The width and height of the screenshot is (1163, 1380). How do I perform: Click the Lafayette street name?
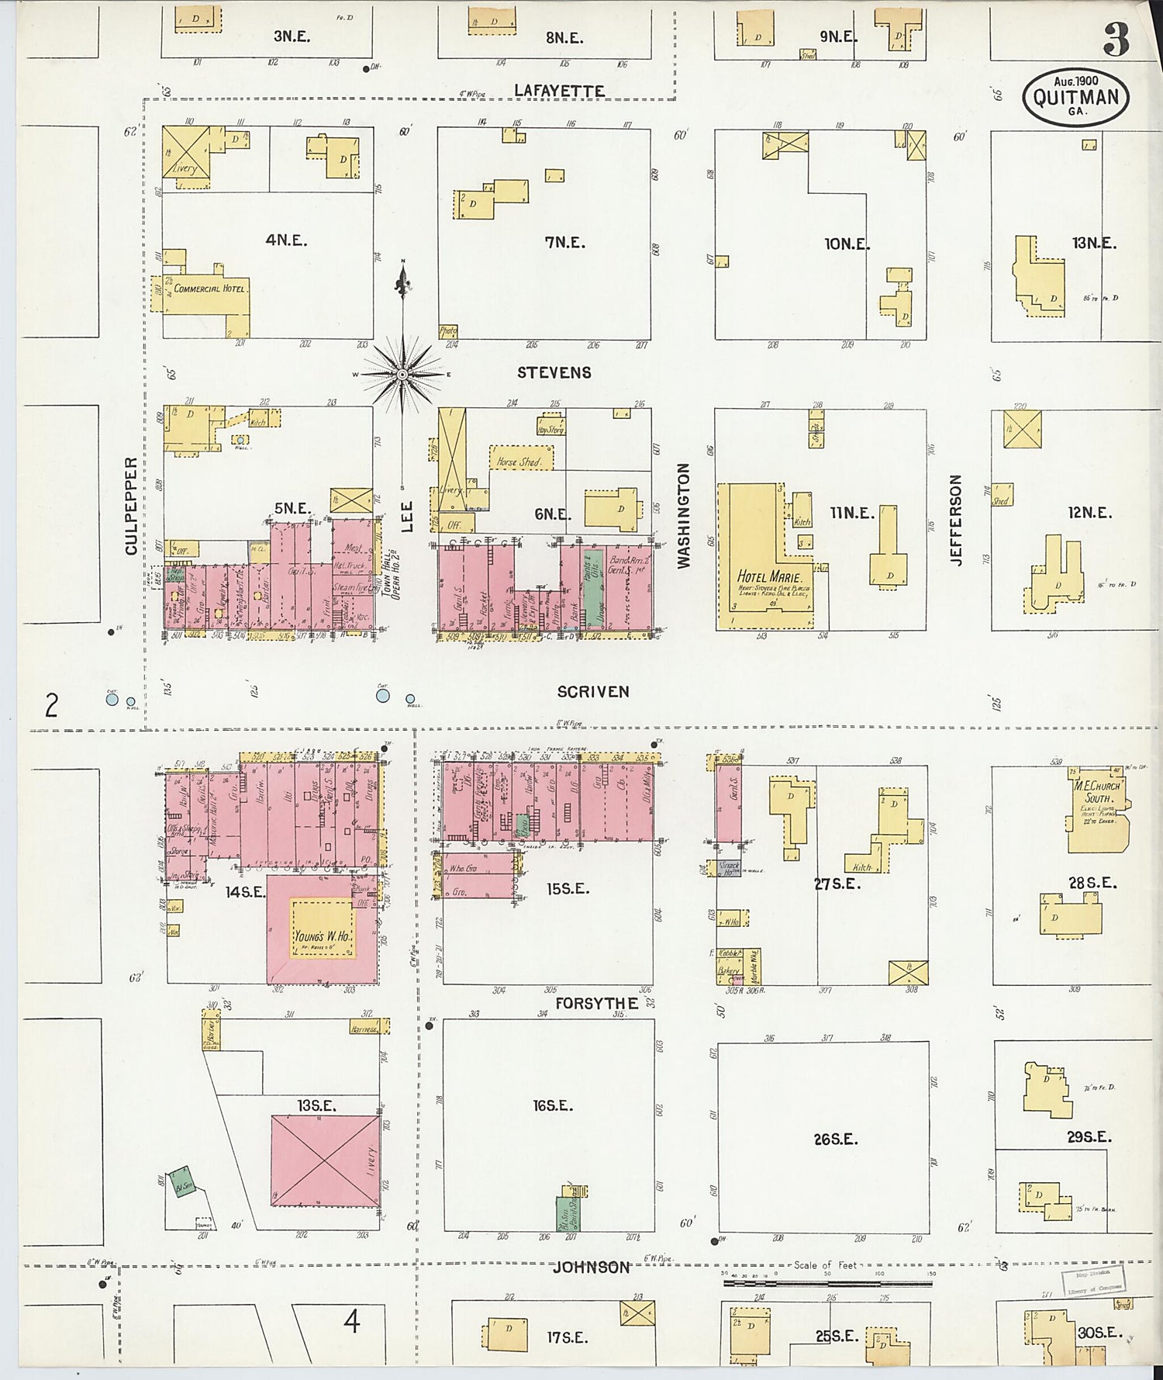(x=559, y=92)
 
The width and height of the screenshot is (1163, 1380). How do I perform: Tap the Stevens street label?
(x=554, y=373)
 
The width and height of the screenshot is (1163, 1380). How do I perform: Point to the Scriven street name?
(x=593, y=692)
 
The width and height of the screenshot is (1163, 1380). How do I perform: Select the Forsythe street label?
(x=596, y=1004)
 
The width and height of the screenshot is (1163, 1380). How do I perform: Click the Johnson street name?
(x=591, y=1268)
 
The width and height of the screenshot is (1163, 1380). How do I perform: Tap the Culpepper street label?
(x=131, y=506)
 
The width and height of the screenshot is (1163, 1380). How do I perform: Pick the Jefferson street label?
(x=955, y=520)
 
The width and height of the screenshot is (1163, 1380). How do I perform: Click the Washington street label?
(x=683, y=516)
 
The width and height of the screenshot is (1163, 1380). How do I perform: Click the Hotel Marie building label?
(x=770, y=576)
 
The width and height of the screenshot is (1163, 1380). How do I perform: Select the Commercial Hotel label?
(x=209, y=289)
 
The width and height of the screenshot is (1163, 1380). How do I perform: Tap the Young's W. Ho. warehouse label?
(x=323, y=936)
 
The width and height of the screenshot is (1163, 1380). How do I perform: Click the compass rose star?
(x=402, y=375)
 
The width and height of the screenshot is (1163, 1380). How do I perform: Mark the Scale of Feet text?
(x=825, y=1265)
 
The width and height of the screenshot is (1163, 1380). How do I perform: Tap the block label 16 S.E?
(x=553, y=1106)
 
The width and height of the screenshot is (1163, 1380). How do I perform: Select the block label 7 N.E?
(x=564, y=243)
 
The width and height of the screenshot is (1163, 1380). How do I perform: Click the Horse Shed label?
(x=519, y=462)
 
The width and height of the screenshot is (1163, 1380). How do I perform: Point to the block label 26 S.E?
(x=836, y=1140)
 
